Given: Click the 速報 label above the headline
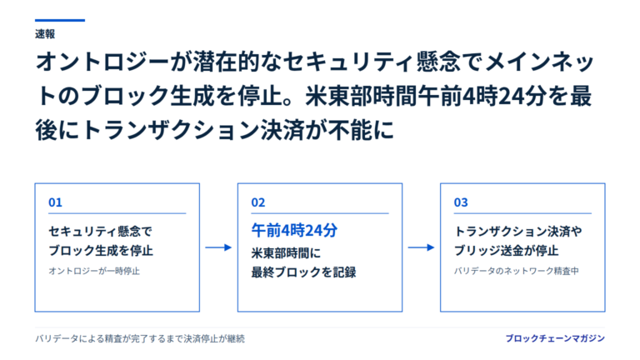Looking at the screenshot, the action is [x=45, y=34].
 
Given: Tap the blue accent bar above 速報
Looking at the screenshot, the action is [x=60, y=20].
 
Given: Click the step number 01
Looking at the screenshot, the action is [x=55, y=202].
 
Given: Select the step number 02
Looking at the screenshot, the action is [x=258, y=202].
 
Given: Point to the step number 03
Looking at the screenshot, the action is [x=461, y=202].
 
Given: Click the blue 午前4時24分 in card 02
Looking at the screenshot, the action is [x=294, y=231].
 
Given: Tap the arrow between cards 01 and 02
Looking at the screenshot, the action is [x=218, y=247].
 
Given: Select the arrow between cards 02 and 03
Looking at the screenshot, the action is [x=421, y=247].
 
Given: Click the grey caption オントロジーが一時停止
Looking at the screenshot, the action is [x=94, y=271].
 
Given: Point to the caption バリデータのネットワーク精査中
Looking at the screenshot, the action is [x=517, y=271].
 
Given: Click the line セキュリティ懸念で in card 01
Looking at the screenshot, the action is [x=100, y=232].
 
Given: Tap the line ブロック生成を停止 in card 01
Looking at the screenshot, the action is [x=101, y=250].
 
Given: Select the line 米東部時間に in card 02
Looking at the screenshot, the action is [x=286, y=253].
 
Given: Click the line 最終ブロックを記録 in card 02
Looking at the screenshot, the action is [x=303, y=272].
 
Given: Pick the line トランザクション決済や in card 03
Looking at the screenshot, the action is [x=518, y=232].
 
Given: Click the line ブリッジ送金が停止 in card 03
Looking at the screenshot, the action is [x=506, y=250].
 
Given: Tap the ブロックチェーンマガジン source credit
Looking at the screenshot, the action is [x=555, y=338].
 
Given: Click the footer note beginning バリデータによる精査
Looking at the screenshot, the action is [x=140, y=339].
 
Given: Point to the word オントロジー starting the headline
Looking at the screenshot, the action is [x=102, y=62].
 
